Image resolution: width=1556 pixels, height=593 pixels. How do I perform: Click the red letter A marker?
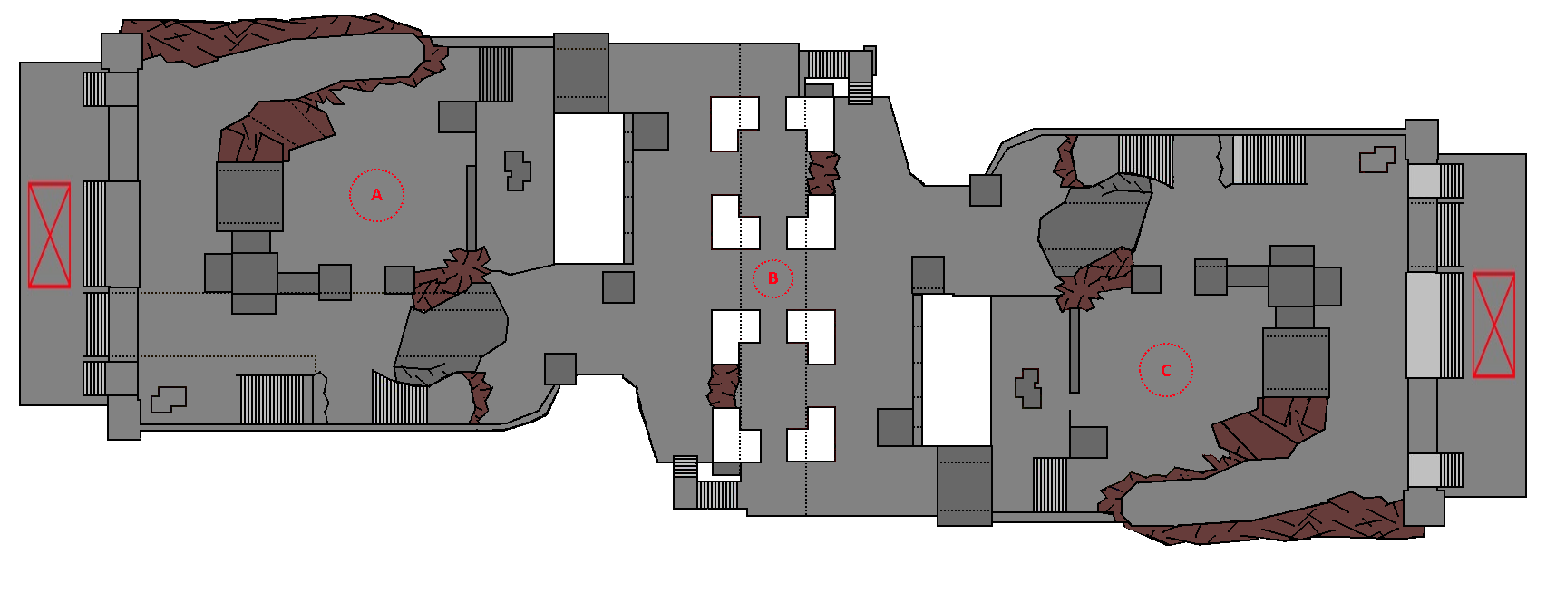(376, 195)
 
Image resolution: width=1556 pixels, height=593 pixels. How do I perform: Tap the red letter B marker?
(773, 278)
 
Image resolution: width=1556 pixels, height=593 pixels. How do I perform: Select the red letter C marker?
(1165, 370)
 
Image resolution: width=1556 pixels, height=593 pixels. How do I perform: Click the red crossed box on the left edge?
(49, 235)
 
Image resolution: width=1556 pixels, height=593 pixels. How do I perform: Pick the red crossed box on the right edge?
(1493, 325)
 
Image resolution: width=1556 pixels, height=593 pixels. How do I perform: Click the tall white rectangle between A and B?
(588, 188)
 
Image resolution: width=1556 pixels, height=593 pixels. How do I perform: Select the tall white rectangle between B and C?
(957, 369)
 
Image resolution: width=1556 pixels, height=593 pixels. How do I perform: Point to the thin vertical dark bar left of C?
(1075, 349)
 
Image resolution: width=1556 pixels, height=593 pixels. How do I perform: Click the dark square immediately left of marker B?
(618, 287)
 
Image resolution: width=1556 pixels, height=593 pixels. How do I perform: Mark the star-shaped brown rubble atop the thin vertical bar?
(1084, 286)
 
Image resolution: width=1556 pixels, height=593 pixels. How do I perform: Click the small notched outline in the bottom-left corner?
(168, 399)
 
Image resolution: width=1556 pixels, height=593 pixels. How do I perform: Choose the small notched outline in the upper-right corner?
(1376, 160)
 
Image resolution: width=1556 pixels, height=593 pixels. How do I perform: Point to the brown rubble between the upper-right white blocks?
(822, 173)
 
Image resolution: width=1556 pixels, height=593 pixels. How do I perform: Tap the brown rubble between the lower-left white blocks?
(724, 385)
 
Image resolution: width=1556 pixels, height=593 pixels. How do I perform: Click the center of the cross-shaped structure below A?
(254, 273)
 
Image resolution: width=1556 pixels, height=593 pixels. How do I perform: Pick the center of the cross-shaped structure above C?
(1291, 277)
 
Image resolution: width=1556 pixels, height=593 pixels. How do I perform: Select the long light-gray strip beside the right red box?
(1422, 325)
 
